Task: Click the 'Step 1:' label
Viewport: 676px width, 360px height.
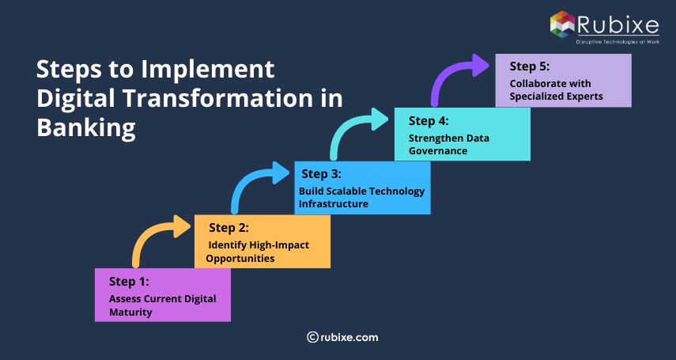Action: pos(129,281)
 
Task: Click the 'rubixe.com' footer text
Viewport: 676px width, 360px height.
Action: pos(349,337)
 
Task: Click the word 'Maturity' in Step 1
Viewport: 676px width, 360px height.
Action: pos(130,312)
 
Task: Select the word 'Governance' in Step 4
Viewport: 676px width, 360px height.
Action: pos(437,150)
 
